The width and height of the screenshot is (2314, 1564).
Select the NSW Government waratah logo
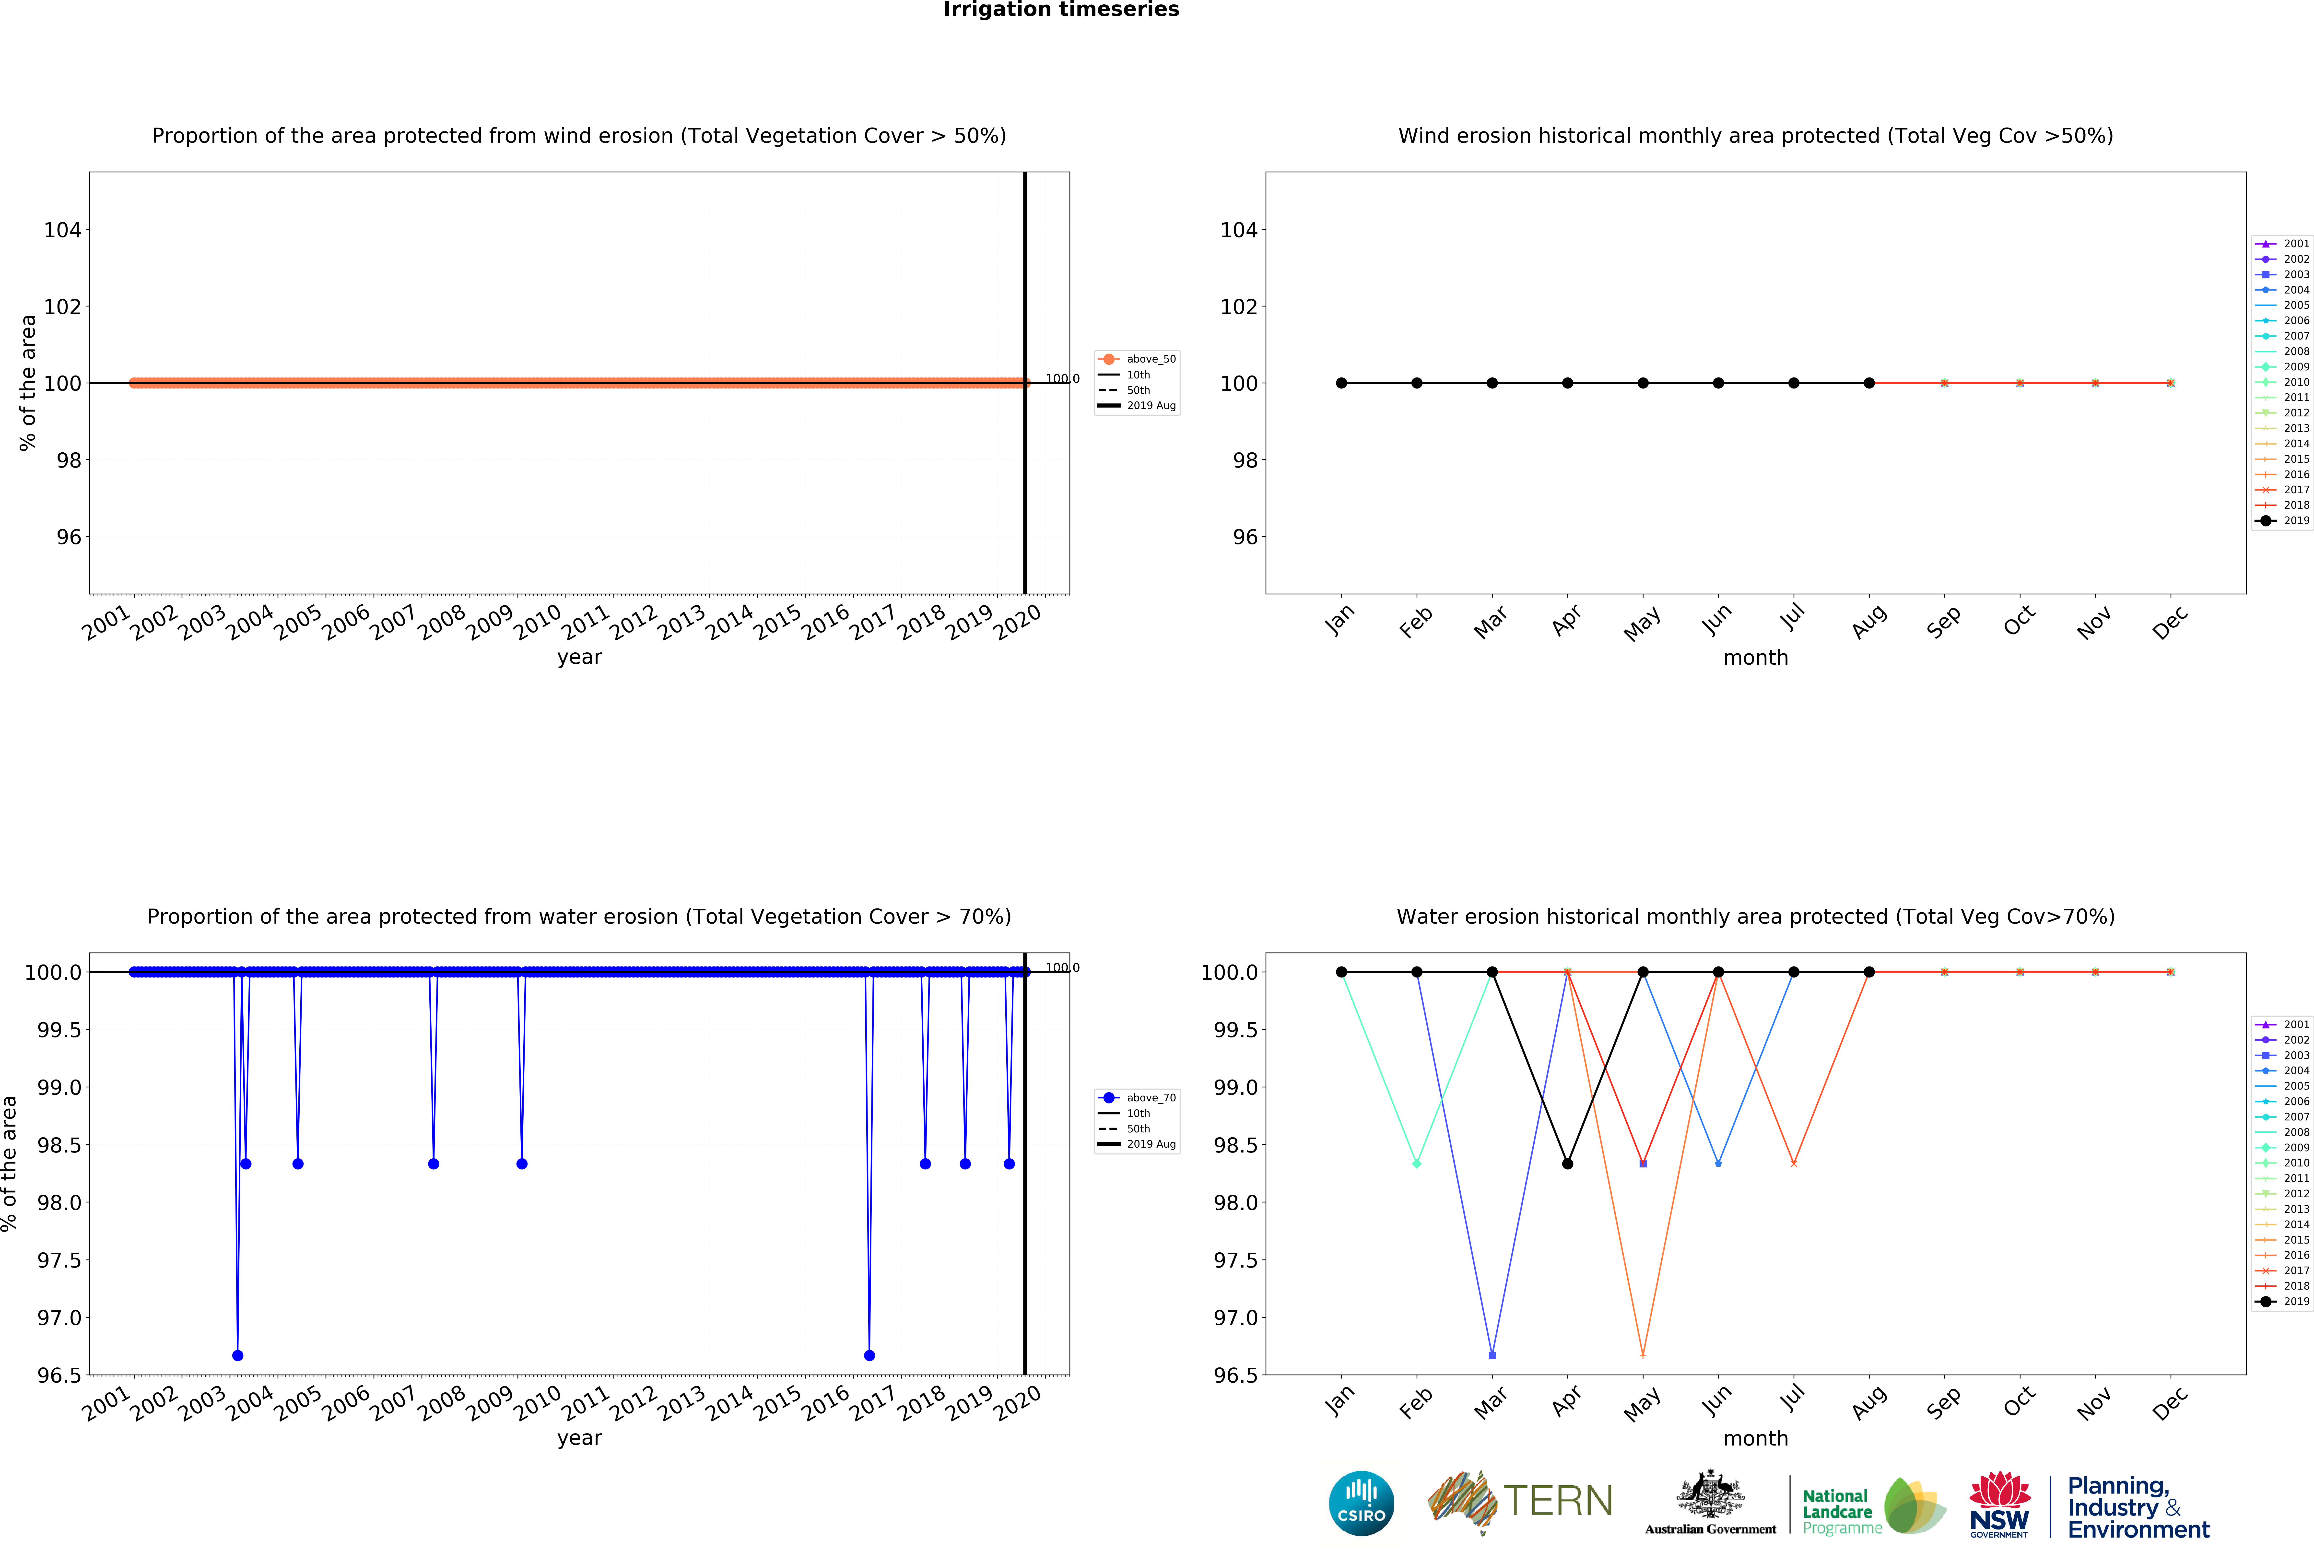click(x=1999, y=1503)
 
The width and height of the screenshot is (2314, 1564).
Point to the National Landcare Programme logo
click(x=1872, y=1505)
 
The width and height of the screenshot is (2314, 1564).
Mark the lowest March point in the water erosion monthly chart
click(x=1492, y=1355)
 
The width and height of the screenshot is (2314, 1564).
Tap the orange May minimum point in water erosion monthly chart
click(x=1643, y=1355)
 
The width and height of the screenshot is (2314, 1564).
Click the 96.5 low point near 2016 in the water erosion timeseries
click(x=869, y=1355)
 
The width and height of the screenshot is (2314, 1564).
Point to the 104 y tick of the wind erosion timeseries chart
click(x=62, y=230)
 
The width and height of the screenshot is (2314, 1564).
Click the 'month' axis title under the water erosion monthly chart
click(x=1755, y=1439)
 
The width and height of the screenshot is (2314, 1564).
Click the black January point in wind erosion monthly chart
click(x=1341, y=383)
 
